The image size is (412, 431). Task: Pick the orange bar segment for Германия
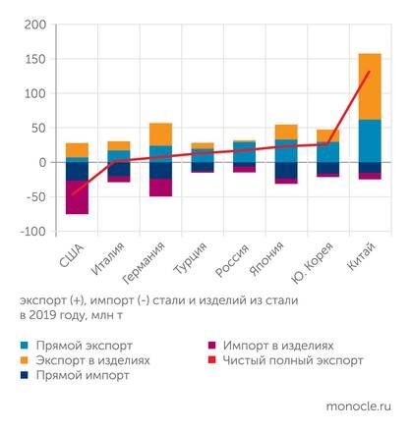coord(160,135)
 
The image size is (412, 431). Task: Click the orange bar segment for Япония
coord(286,132)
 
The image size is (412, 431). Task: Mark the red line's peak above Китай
coord(370,72)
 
